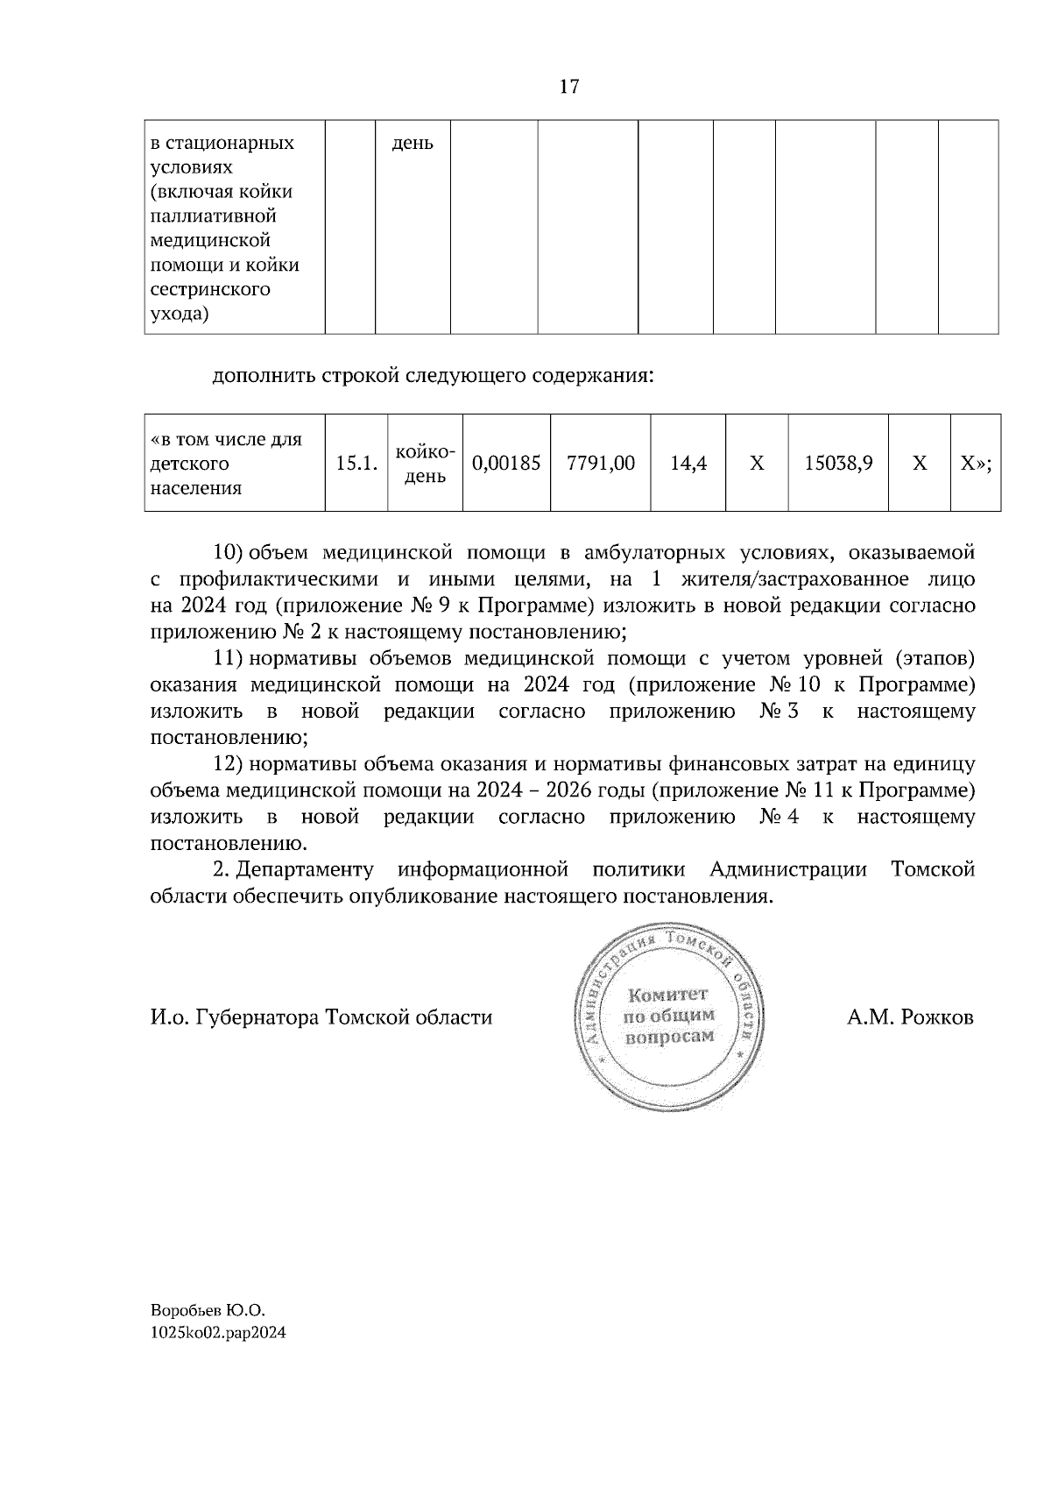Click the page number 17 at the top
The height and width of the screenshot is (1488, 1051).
(569, 87)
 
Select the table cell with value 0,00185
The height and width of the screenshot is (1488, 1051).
(506, 463)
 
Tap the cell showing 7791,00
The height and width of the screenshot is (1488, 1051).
(601, 463)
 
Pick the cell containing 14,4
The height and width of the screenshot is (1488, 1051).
(688, 463)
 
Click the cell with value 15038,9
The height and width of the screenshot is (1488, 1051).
(838, 463)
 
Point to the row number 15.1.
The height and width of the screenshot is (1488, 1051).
(356, 464)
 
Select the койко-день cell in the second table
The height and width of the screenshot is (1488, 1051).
(425, 464)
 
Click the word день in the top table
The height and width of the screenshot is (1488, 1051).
(412, 143)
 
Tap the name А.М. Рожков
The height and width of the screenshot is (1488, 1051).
(910, 1017)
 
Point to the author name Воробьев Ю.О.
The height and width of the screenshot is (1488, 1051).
(208, 1311)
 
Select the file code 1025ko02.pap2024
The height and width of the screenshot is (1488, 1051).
(218, 1333)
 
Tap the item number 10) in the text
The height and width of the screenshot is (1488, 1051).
(228, 553)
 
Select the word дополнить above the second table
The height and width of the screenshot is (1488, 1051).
(263, 376)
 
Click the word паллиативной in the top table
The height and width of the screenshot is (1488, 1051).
(214, 216)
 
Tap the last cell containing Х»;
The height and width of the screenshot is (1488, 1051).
(975, 463)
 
